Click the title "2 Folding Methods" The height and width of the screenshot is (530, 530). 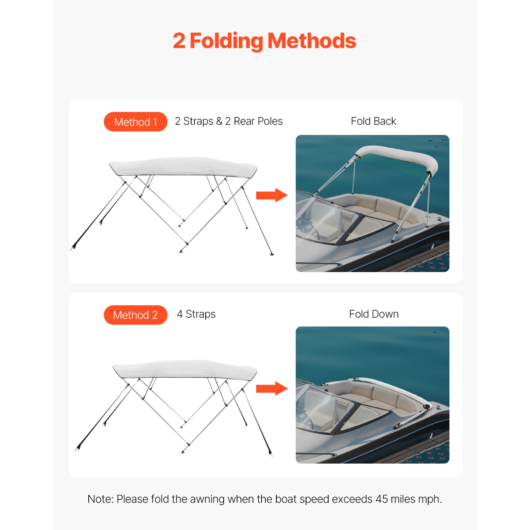264,41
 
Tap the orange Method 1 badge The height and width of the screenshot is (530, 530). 135,122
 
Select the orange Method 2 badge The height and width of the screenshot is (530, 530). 135,315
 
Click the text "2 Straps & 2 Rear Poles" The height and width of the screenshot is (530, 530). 229,121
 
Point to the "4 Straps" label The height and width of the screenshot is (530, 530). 196,314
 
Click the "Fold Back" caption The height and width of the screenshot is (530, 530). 373,121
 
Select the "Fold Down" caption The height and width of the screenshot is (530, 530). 373,314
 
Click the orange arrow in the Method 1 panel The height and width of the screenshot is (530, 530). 271,195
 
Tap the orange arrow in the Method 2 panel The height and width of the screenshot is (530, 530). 271,388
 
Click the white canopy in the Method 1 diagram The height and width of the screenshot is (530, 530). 183,166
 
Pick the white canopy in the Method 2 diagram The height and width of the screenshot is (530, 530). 184,370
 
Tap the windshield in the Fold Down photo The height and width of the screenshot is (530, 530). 318,406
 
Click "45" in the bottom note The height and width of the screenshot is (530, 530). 382,499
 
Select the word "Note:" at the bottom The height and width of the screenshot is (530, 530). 101,499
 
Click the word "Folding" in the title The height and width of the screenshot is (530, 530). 226,41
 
